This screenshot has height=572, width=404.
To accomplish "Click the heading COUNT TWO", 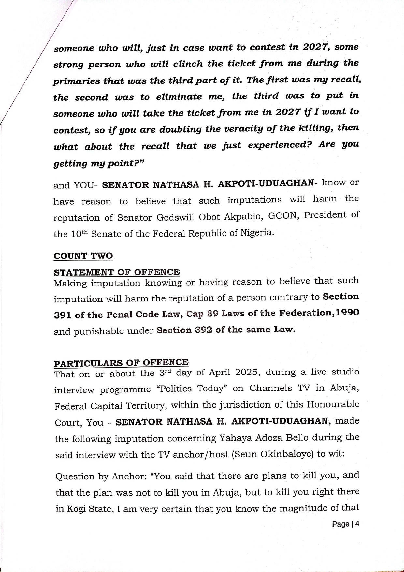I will click(x=83, y=256).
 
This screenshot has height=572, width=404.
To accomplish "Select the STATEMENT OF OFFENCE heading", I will click(x=117, y=272).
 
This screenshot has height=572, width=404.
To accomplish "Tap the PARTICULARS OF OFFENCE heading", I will click(x=121, y=363).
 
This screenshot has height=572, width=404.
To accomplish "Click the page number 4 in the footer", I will click(x=357, y=524).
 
